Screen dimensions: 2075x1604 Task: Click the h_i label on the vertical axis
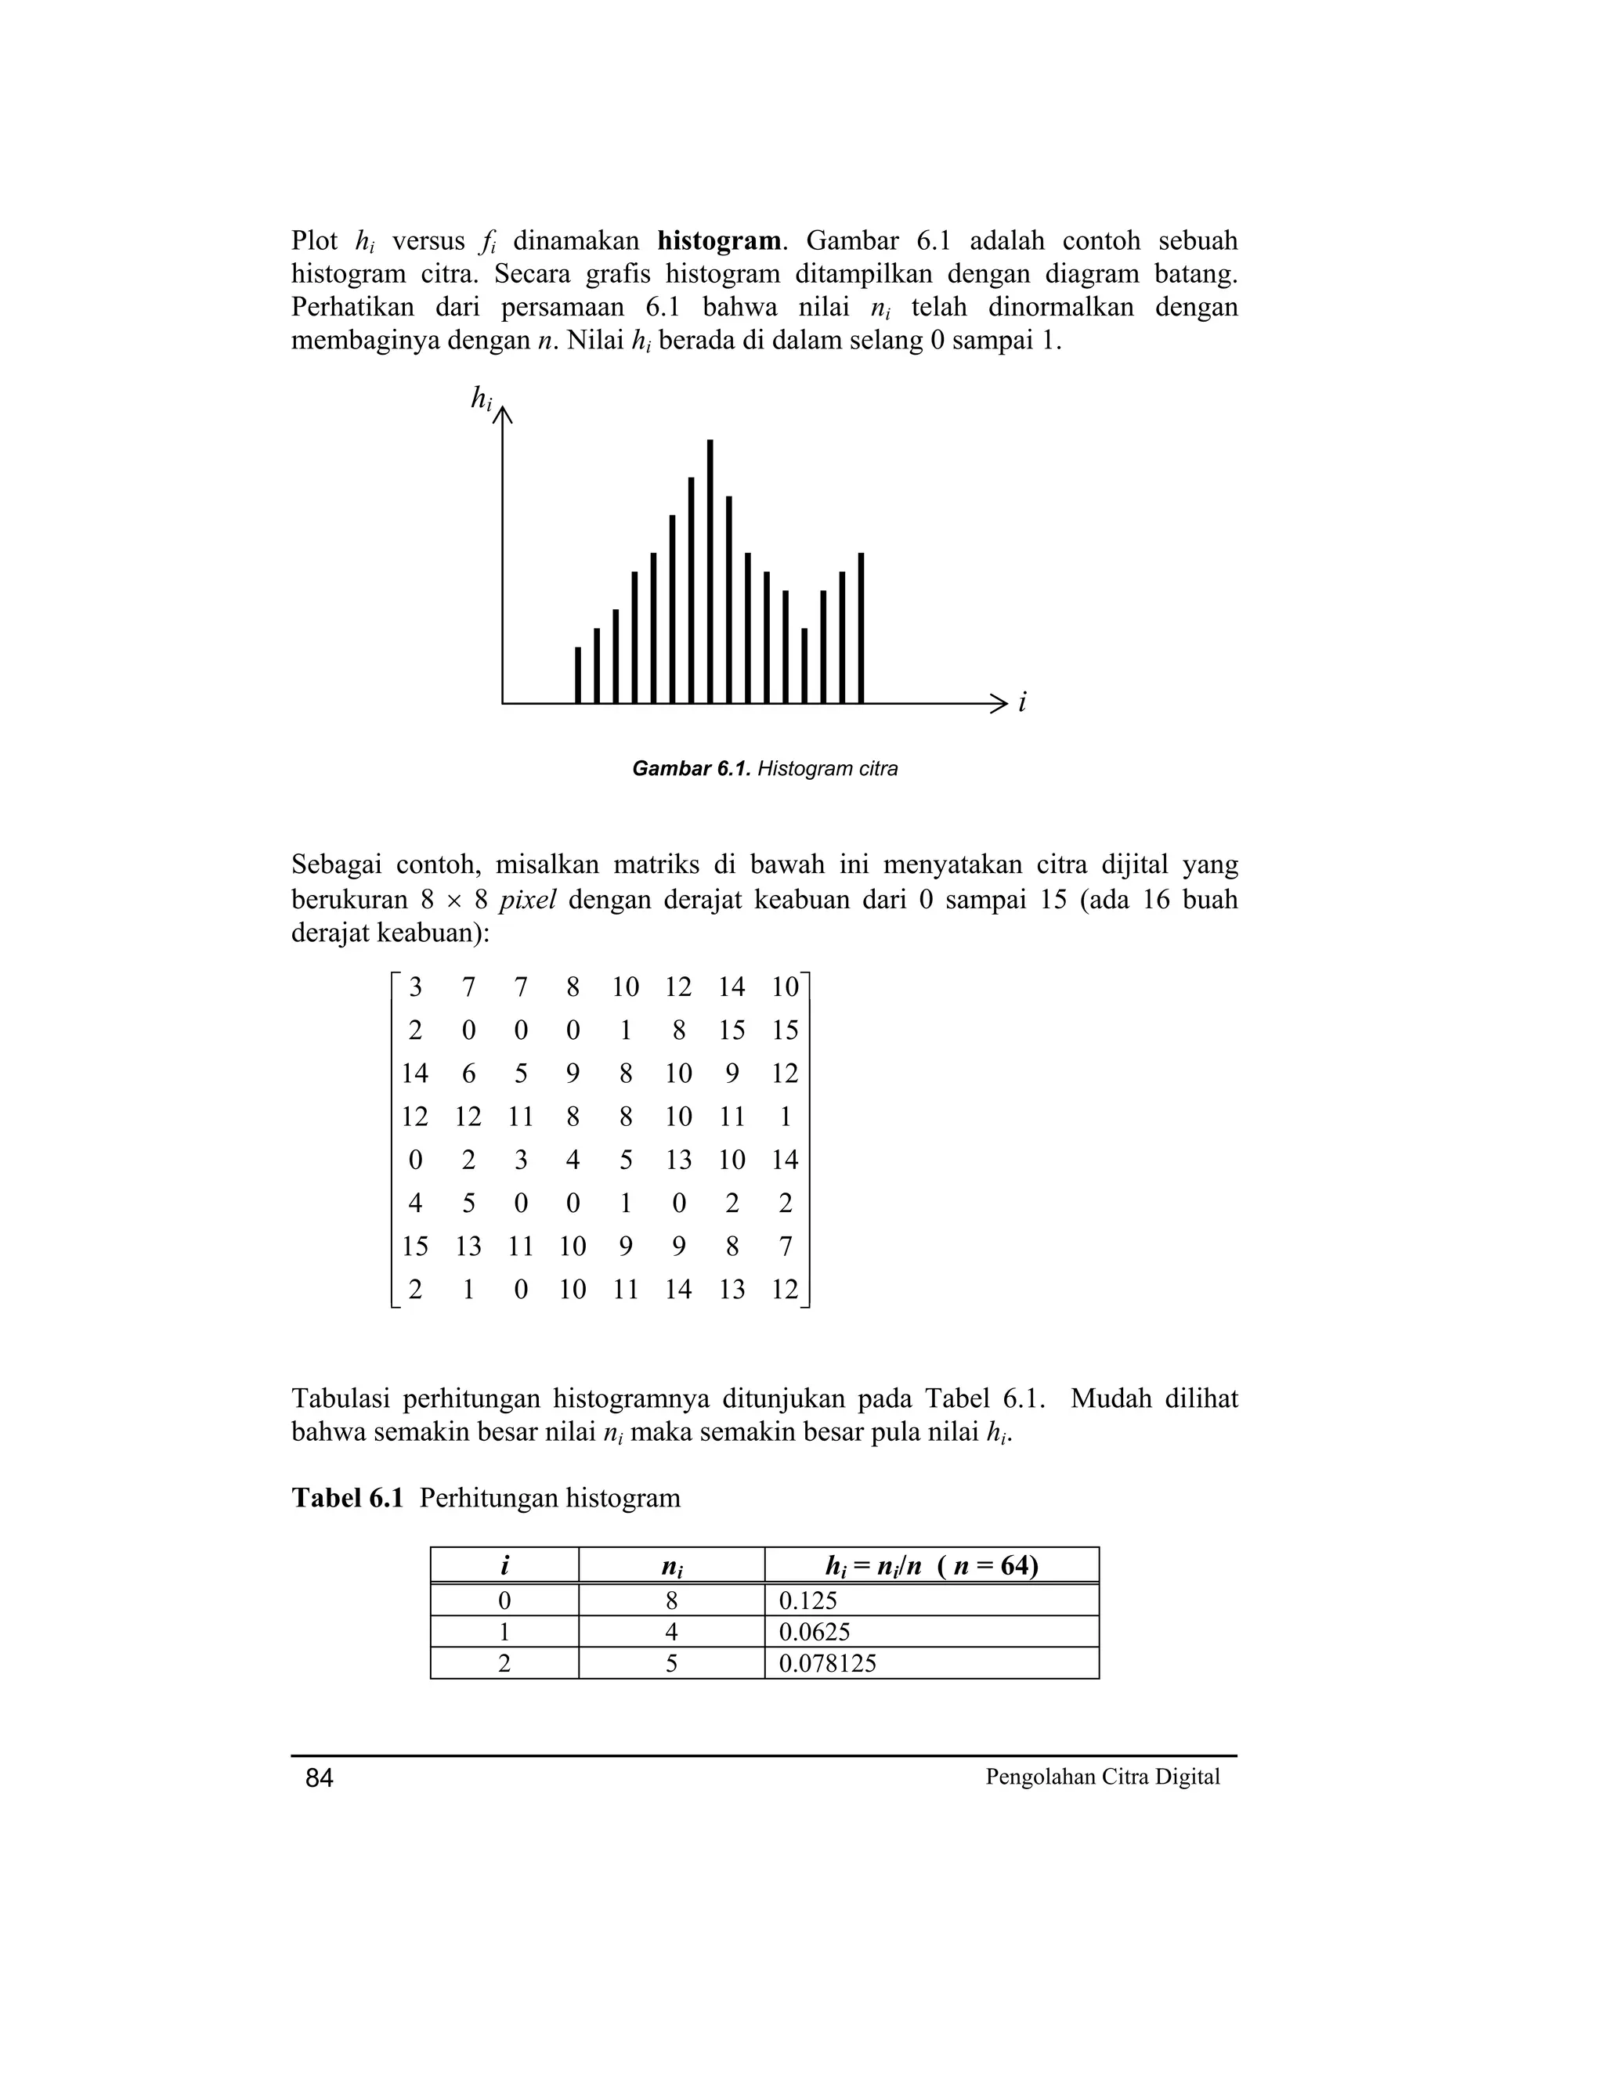click(x=482, y=399)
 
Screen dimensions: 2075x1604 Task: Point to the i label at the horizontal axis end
click(x=1022, y=703)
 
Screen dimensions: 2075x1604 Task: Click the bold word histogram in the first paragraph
click(x=718, y=240)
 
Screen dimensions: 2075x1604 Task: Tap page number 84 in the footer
click(x=320, y=1778)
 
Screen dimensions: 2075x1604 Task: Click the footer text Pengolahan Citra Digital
click(x=1102, y=1777)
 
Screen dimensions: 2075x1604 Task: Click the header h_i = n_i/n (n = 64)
click(x=931, y=1564)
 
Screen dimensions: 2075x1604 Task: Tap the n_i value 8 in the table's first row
click(x=672, y=1601)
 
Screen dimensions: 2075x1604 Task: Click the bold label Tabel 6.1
click(x=347, y=1498)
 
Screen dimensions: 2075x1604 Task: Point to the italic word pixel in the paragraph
click(x=526, y=899)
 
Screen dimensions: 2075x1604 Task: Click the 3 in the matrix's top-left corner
click(x=415, y=987)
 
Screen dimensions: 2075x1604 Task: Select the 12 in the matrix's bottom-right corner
click(x=785, y=1290)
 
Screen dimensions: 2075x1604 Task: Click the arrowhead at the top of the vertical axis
click(x=503, y=414)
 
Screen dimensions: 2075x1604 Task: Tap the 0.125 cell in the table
click(x=931, y=1601)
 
